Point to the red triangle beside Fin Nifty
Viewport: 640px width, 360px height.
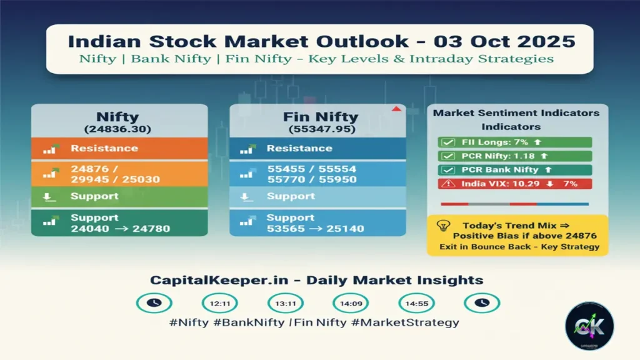pos(395,109)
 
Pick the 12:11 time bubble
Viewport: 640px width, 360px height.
pos(219,303)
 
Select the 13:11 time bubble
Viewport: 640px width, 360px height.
pos(285,303)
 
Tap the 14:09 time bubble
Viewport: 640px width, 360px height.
pos(351,303)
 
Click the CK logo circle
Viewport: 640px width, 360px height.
pos(589,326)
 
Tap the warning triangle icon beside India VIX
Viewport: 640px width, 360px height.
pos(447,184)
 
